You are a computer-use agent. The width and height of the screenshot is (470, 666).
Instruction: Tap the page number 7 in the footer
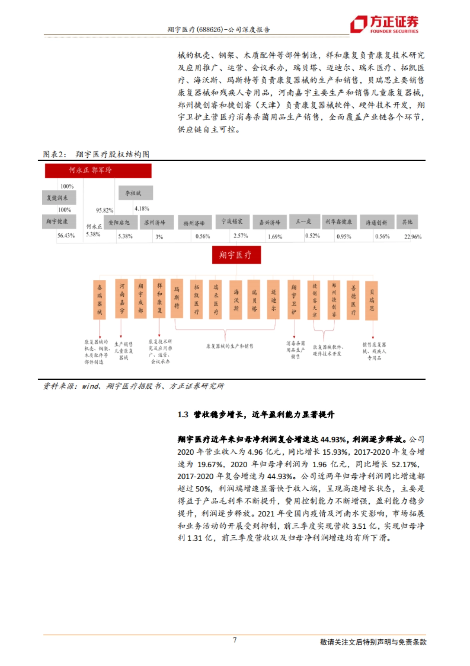point(235,640)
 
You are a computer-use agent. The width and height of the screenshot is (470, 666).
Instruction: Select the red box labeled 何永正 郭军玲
point(98,171)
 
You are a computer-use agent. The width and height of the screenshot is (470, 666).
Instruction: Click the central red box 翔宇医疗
point(236,255)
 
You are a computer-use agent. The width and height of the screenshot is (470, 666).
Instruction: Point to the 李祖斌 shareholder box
point(136,193)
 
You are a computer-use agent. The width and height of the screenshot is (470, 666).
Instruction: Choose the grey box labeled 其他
point(407,222)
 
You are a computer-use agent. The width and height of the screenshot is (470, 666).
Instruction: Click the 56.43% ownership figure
point(66,235)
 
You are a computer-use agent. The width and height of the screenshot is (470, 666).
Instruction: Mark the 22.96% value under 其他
point(413,237)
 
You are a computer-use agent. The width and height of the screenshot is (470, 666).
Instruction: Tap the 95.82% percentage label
point(105,210)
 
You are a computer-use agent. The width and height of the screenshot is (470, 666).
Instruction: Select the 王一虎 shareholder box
point(304,222)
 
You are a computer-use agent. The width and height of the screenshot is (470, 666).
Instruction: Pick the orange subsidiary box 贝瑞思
point(371,300)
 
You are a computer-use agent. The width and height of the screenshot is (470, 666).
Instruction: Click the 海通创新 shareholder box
point(376,222)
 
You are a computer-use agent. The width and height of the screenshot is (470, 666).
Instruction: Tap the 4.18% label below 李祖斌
point(142,208)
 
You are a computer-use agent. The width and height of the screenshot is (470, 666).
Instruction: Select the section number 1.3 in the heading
point(183,415)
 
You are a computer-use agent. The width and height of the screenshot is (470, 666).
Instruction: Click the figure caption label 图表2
point(54,154)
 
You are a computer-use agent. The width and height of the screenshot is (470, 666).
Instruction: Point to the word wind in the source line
point(90,386)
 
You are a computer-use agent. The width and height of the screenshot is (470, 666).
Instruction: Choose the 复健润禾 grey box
point(59,198)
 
